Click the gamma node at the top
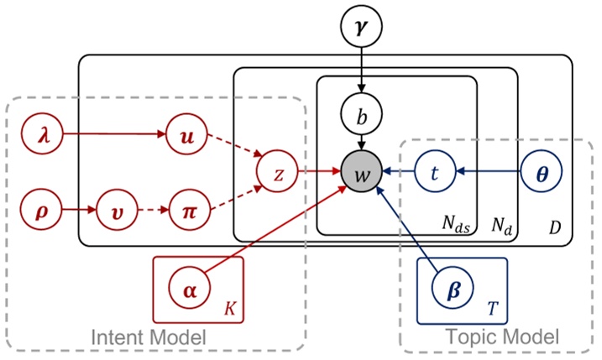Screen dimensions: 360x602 [x=361, y=27]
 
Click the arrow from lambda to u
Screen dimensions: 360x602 [x=110, y=134]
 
